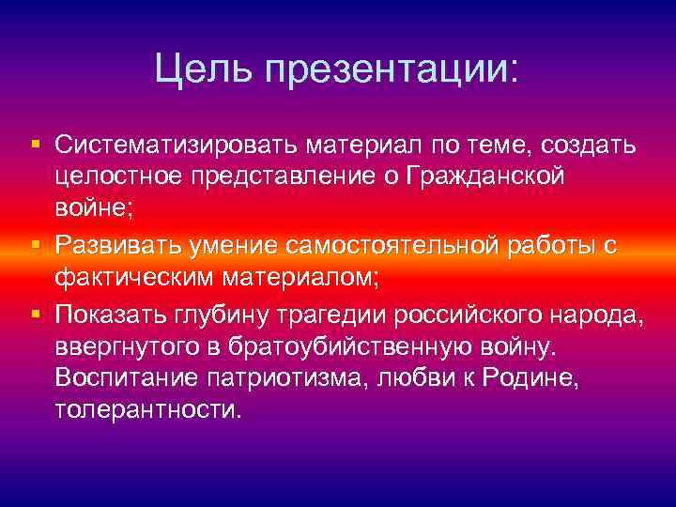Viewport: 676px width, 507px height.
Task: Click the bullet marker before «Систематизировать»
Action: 35,146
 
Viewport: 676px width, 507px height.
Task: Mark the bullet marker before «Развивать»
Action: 35,242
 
